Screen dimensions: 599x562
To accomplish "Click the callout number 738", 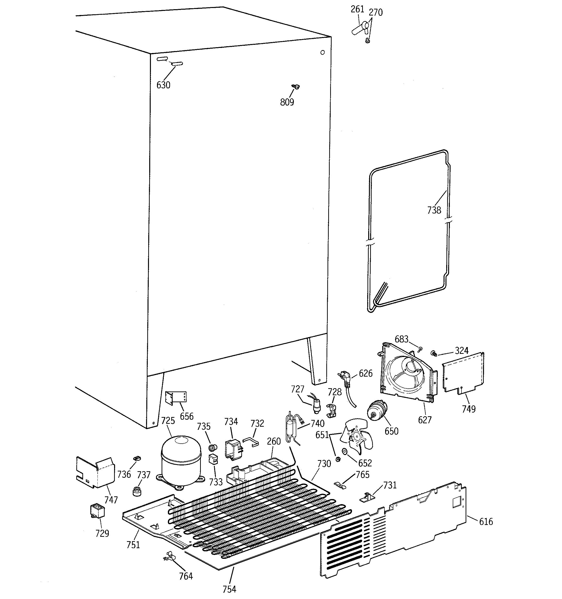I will [434, 210].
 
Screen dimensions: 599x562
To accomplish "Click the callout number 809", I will [287, 102].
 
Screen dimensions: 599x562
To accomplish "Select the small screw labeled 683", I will [420, 349].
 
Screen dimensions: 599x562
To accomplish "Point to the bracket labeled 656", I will [176, 397].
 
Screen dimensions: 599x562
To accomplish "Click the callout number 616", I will [486, 522].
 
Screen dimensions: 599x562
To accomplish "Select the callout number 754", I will [229, 589].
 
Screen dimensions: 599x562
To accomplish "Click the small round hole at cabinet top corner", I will [322, 53].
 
